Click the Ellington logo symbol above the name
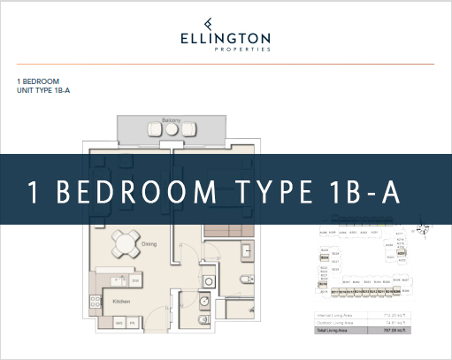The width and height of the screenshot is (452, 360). tap(226, 24)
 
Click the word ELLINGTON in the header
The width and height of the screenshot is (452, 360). tap(226, 39)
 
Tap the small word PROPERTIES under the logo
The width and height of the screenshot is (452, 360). tap(226, 50)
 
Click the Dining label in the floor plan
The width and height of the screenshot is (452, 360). tap(149, 243)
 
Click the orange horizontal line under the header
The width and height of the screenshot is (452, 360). tap(226, 64)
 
